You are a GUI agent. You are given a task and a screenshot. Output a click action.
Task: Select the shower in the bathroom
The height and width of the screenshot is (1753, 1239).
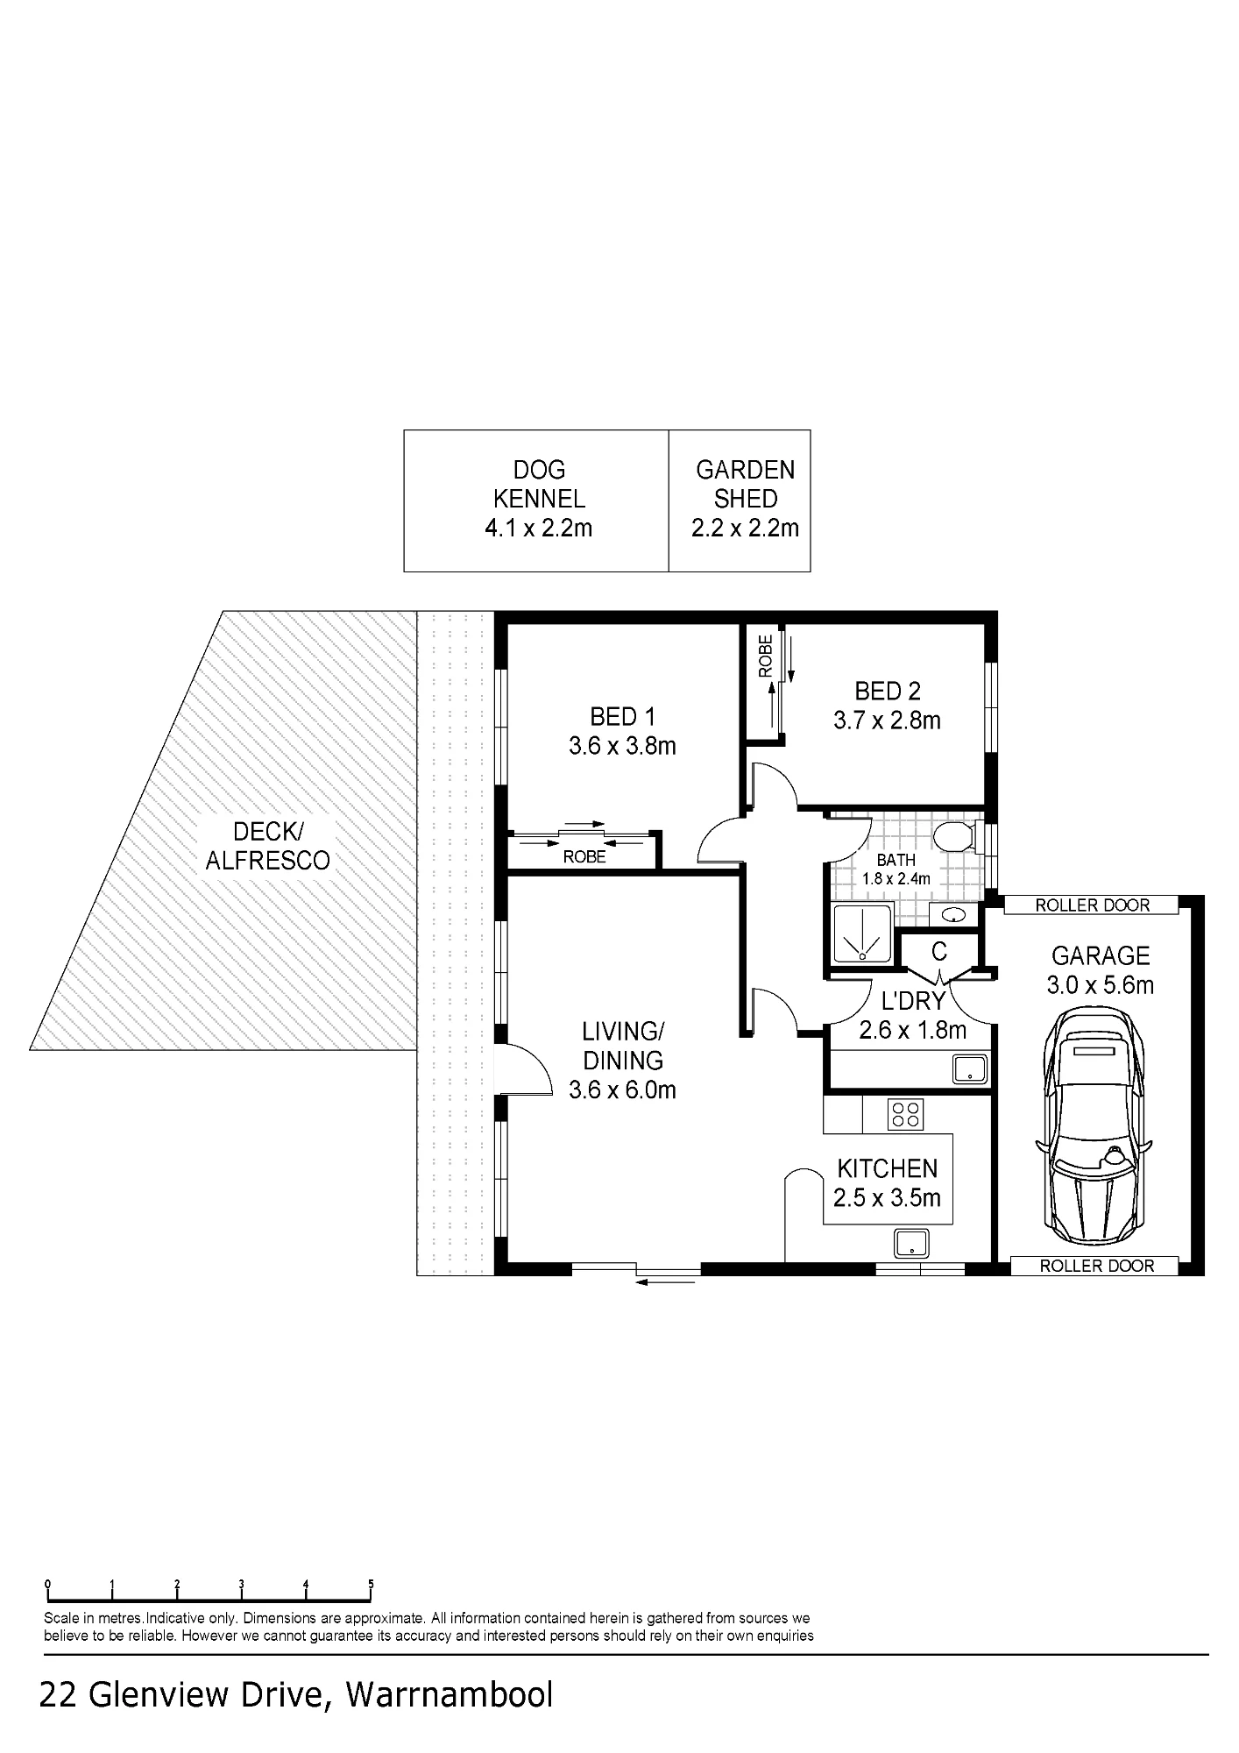(x=861, y=934)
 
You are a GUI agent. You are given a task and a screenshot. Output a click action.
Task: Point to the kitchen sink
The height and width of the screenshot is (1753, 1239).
(x=911, y=1242)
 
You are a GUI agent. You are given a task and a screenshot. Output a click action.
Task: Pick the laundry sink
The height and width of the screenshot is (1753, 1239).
(x=971, y=1069)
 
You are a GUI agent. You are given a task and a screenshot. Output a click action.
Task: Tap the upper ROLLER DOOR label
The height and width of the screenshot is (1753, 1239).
(x=1092, y=905)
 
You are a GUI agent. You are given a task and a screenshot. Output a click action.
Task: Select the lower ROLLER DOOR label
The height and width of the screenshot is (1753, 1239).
(x=1096, y=1266)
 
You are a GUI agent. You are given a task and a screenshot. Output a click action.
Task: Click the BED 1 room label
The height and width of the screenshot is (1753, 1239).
(x=622, y=717)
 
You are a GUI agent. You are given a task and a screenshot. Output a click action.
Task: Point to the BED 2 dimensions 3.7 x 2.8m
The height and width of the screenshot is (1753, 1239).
(x=887, y=720)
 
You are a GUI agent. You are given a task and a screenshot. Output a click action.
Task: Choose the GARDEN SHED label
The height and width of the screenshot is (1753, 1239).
(x=745, y=484)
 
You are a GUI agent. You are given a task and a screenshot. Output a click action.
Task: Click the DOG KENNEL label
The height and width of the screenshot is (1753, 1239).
(x=539, y=484)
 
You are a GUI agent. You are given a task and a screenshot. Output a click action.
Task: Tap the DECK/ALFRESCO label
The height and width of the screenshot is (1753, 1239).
(x=267, y=846)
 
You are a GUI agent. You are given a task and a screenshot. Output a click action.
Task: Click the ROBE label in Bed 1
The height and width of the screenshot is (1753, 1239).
(x=584, y=857)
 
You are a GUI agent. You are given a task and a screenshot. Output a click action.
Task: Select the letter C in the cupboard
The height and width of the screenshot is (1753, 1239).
(x=939, y=951)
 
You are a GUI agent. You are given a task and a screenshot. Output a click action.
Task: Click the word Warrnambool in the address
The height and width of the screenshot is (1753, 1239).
(x=450, y=1694)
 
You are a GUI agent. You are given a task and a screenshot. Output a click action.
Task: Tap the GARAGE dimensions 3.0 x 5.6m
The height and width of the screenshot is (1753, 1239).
(x=1100, y=985)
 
